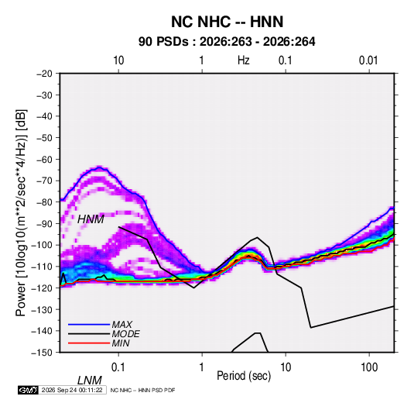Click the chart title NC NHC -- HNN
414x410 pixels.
tap(227, 22)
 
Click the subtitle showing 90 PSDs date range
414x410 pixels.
tap(227, 42)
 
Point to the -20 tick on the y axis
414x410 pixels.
tap(44, 74)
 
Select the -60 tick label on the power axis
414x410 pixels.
tap(44, 159)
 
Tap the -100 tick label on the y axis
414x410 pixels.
tap(42, 245)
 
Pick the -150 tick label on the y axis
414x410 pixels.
tap(42, 353)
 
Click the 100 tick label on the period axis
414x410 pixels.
tap(369, 367)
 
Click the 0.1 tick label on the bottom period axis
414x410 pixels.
tap(118, 367)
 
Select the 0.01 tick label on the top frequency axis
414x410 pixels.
tap(368, 60)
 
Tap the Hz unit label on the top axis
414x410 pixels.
tap(244, 60)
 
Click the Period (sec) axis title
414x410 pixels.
tap(244, 376)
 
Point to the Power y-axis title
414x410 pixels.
tap(21, 213)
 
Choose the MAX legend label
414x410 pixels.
tap(122, 324)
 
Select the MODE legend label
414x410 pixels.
tap(125, 334)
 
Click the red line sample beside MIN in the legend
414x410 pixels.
tap(89, 343)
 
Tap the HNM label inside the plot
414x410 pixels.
tap(91, 219)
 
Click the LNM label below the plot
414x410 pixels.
tap(90, 381)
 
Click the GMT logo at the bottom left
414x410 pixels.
tap(28, 390)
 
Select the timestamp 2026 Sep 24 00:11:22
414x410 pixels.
tap(72, 390)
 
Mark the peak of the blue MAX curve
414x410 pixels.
tap(100, 167)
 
